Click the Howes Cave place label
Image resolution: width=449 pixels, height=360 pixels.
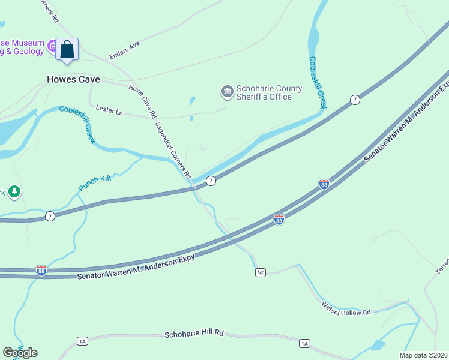click(74, 79)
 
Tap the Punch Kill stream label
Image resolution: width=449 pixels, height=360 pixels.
click(95, 183)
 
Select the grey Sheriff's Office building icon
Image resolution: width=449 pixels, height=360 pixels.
click(227, 92)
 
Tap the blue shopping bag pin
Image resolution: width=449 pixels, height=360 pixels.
click(67, 49)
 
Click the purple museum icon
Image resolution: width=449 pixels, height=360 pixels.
click(53, 46)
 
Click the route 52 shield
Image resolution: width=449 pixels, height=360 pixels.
click(260, 272)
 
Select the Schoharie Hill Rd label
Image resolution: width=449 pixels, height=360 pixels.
click(194, 333)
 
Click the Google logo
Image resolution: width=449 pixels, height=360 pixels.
click(20, 352)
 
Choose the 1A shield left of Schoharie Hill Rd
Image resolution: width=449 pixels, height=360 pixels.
click(82, 341)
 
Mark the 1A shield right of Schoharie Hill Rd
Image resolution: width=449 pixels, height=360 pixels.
click(305, 343)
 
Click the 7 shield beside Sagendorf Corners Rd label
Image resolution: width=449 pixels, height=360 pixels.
click(211, 181)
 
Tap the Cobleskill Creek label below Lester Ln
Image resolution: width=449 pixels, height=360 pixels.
click(77, 124)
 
